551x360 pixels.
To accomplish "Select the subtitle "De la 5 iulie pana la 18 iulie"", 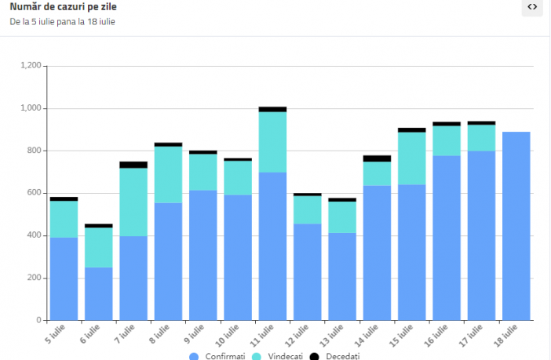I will tap(62, 22).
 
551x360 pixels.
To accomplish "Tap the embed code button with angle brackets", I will tap(532, 7).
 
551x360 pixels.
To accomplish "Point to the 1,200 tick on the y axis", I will tap(31, 66).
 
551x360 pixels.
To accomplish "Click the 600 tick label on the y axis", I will tap(34, 193).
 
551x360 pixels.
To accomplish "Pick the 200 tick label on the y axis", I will tap(34, 278).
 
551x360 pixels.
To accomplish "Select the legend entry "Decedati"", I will tap(338, 356).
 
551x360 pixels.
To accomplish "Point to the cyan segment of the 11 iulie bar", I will tap(272, 142).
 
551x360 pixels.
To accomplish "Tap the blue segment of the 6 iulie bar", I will tap(99, 294).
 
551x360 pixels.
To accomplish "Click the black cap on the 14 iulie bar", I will tap(377, 158).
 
